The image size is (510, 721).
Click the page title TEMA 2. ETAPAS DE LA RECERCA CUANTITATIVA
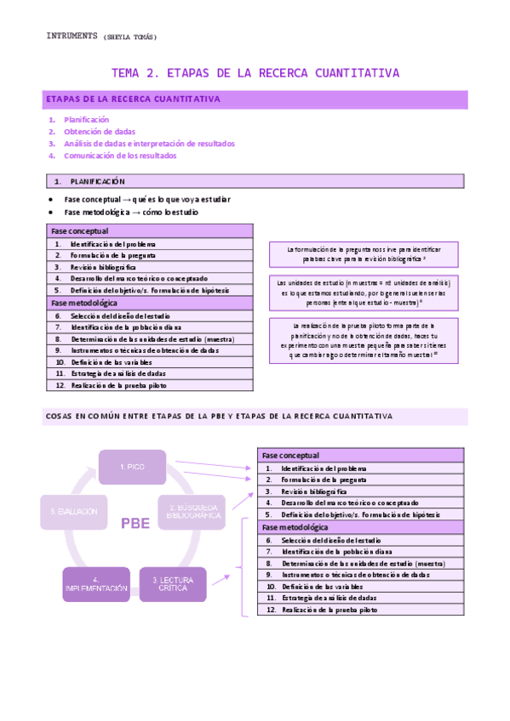click(x=255, y=73)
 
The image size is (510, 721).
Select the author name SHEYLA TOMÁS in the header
click(x=129, y=37)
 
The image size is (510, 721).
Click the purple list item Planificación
click(x=87, y=120)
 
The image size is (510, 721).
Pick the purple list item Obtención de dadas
click(x=100, y=132)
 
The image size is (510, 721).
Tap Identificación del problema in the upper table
click(x=113, y=244)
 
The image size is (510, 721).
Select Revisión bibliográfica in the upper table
click(x=104, y=267)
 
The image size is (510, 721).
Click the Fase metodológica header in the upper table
click(x=84, y=303)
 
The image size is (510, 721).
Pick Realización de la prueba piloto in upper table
click(x=118, y=385)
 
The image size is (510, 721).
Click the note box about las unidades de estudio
click(x=364, y=291)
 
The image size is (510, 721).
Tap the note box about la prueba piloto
click(x=364, y=339)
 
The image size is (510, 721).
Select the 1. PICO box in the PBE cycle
click(x=132, y=467)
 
